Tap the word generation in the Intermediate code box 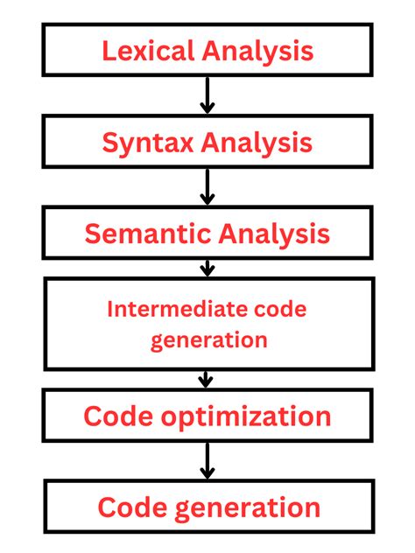(207, 339)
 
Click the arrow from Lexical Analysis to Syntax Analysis (207, 95)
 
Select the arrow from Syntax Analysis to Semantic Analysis (207, 187)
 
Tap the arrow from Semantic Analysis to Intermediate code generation (207, 266)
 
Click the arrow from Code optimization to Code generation (207, 461)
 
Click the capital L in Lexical (109, 50)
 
